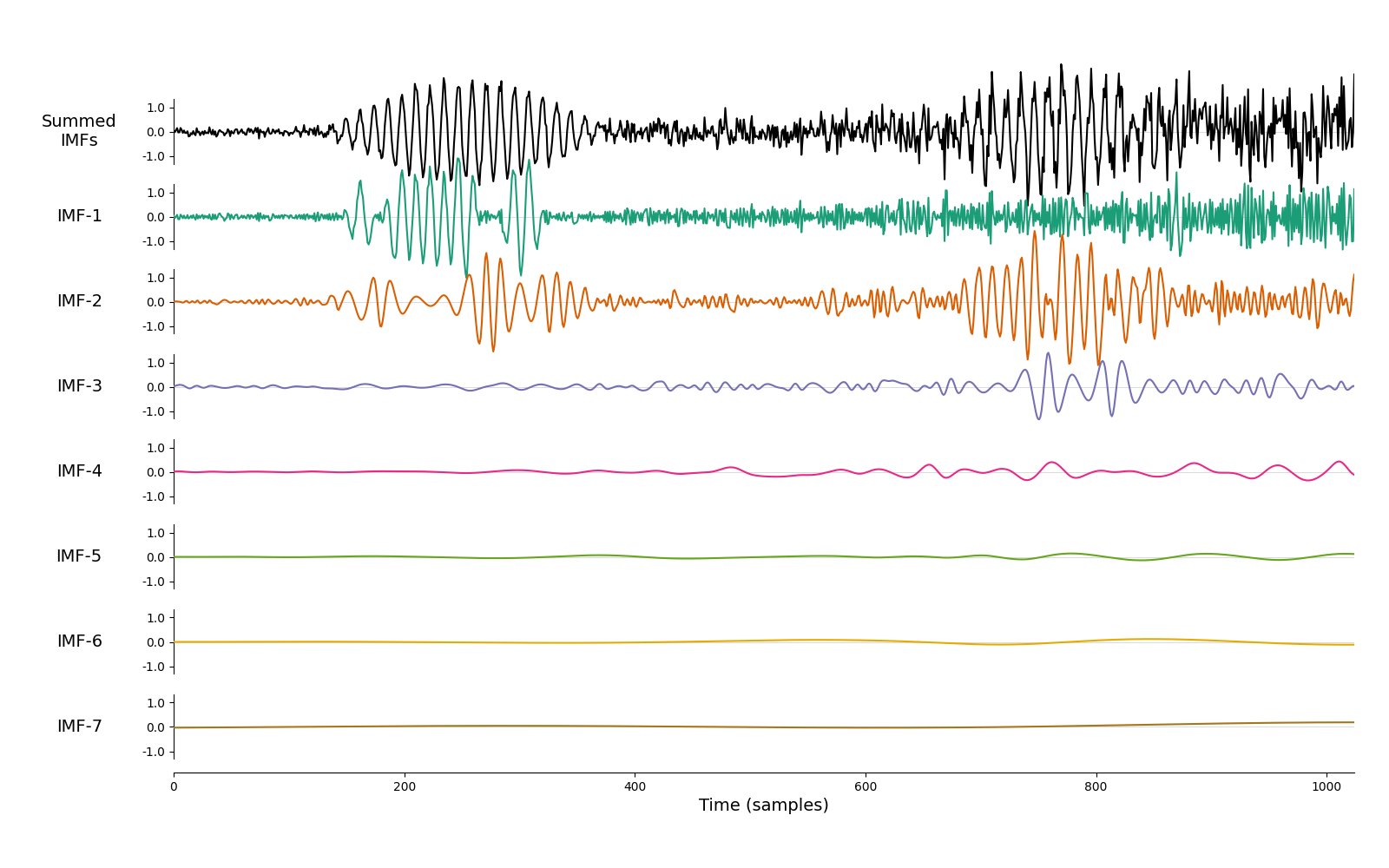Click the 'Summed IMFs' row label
(x=79, y=130)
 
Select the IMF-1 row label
(x=79, y=216)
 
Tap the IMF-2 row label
(x=79, y=300)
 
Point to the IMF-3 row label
(x=79, y=385)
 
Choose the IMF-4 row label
(x=79, y=470)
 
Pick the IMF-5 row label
(x=79, y=556)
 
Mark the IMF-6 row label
(x=79, y=641)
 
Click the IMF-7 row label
(x=79, y=726)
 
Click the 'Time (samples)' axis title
(x=763, y=806)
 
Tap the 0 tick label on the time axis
(x=174, y=786)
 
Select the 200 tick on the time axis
(x=405, y=786)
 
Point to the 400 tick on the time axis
(x=635, y=786)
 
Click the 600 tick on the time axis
(x=866, y=786)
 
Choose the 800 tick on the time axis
(x=1096, y=786)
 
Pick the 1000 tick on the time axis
(x=1326, y=786)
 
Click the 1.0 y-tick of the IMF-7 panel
(x=155, y=703)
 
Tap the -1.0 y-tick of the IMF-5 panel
(x=154, y=582)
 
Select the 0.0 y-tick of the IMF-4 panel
(x=155, y=472)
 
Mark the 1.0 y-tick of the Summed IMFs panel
(x=155, y=108)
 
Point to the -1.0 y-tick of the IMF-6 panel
(x=154, y=667)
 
